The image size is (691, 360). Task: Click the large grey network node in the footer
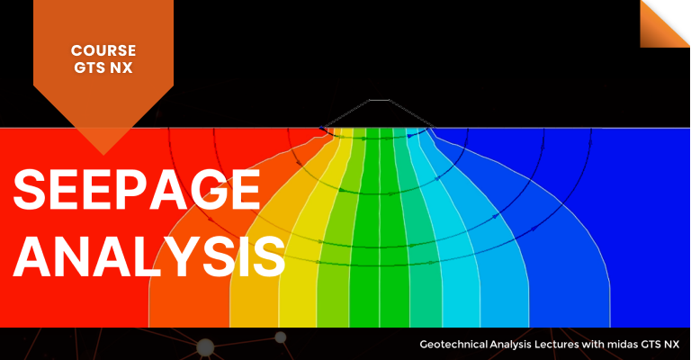tap(205, 347)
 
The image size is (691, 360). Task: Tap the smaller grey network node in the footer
tap(281, 337)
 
